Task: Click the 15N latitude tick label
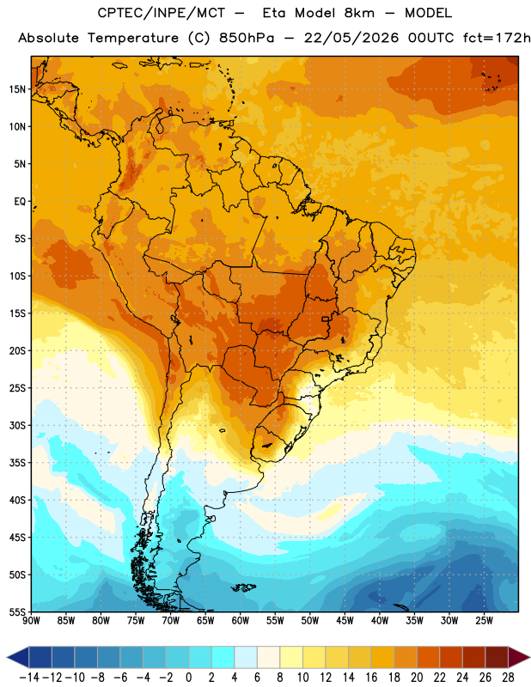point(17,89)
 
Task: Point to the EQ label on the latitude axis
point(20,202)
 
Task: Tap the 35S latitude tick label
point(17,463)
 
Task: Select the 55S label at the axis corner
point(17,611)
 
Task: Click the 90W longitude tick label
point(31,620)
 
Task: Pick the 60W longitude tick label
point(241,620)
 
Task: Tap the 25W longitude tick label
point(484,620)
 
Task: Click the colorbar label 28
point(508,678)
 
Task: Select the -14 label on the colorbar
point(29,678)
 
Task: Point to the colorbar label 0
point(188,678)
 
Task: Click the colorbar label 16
point(371,678)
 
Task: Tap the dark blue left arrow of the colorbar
point(17,657)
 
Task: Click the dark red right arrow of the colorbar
point(519,657)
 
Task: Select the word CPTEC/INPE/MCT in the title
point(162,13)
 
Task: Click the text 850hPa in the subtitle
point(247,38)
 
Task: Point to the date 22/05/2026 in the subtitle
point(351,38)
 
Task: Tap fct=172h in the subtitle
point(497,38)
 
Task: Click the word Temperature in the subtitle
point(133,38)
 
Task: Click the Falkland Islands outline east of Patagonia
point(243,587)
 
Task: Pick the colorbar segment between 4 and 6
point(246,657)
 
